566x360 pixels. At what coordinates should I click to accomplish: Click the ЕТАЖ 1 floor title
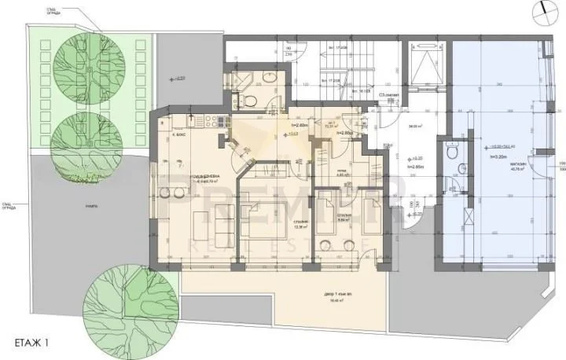(36, 343)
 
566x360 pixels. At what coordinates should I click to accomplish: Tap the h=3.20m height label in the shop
(498, 157)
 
